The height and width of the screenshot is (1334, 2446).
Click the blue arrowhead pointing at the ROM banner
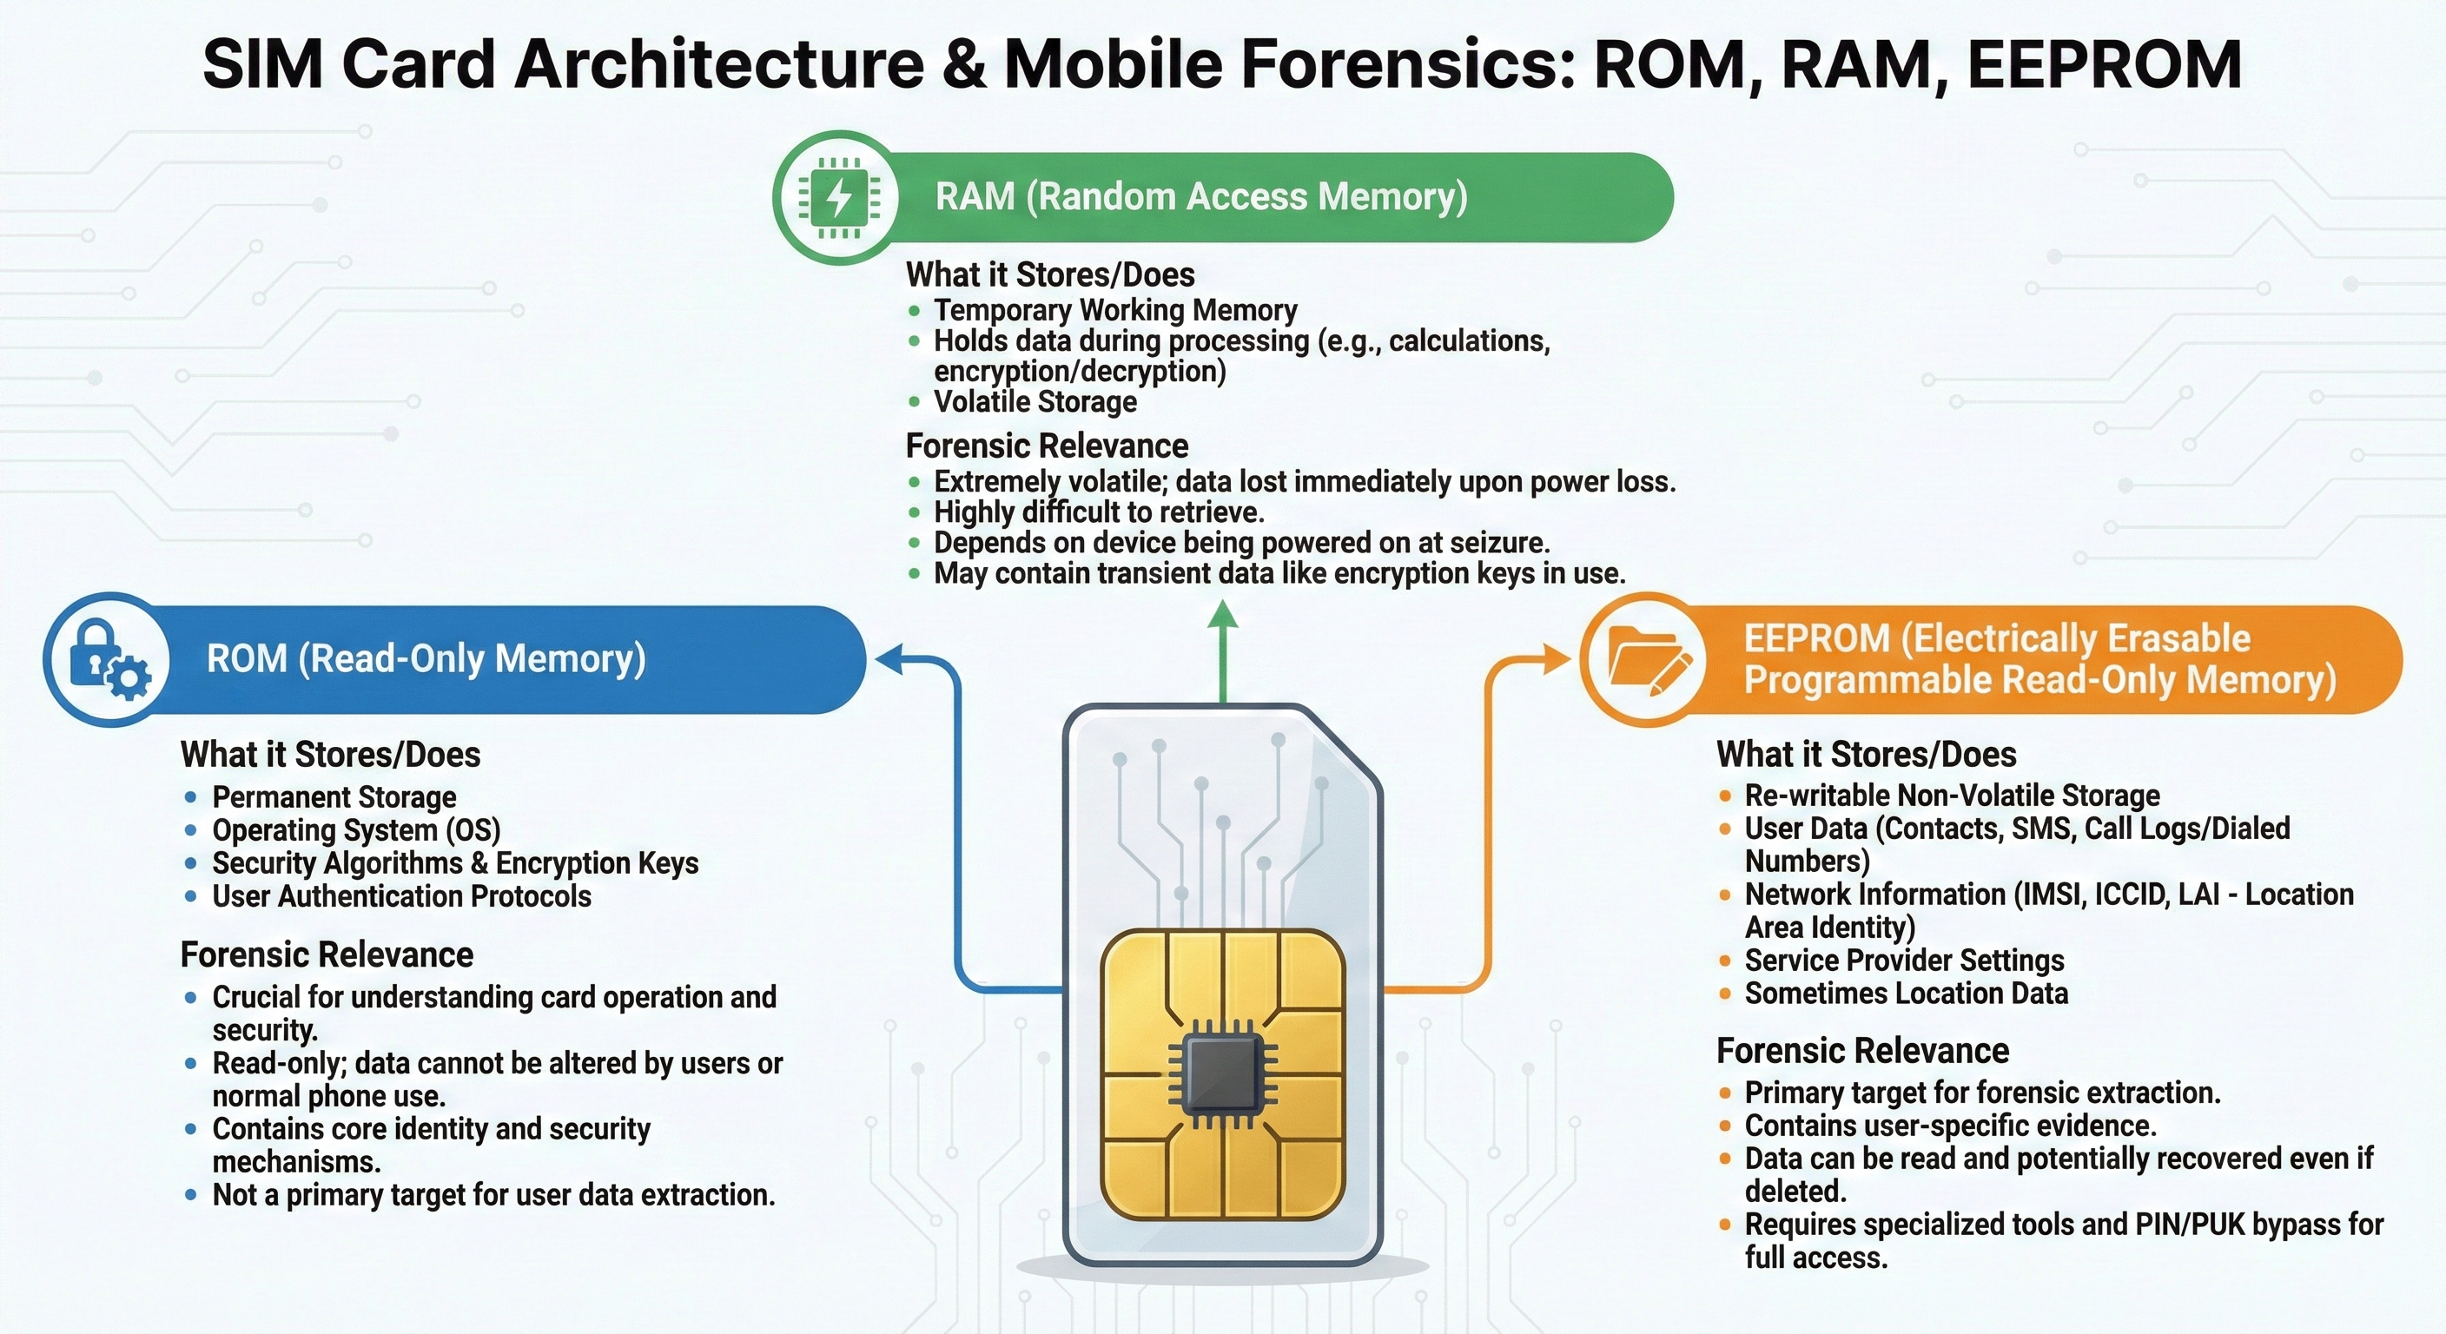(x=889, y=659)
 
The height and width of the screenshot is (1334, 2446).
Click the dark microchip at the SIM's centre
(x=1223, y=1073)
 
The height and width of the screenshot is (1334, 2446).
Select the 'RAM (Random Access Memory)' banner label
(x=1201, y=196)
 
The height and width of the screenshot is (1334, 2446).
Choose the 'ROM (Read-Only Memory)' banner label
(x=426, y=659)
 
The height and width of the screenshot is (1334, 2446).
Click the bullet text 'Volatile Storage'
(x=1035, y=401)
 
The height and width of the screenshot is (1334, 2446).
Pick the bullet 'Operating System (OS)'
(x=356, y=829)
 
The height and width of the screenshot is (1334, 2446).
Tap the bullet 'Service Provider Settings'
(x=1904, y=960)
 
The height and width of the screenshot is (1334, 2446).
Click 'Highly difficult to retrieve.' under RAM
(x=1099, y=512)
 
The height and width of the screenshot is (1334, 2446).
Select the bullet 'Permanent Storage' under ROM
(x=334, y=796)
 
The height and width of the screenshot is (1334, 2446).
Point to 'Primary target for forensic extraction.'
(x=1983, y=1093)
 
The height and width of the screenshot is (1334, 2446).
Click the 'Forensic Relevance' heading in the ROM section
(x=327, y=955)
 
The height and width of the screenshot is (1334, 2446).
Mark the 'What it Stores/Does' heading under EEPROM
(x=1866, y=755)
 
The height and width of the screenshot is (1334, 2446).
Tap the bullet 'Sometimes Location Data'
(x=1906, y=994)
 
